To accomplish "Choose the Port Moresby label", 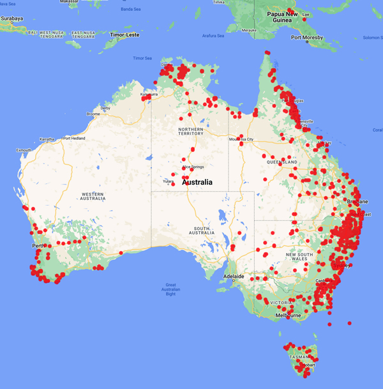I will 307,37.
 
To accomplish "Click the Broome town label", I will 93,114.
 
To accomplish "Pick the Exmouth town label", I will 24,150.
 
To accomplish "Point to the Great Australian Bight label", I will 170,289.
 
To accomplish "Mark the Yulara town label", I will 168,181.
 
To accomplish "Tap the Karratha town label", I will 47,138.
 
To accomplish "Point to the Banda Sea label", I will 131,9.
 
